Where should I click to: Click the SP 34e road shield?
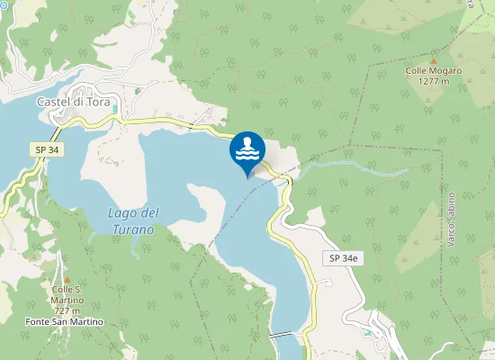point(341,258)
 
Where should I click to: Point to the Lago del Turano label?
point(132,220)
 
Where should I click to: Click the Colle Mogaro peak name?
point(433,70)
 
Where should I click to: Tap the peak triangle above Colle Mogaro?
point(433,59)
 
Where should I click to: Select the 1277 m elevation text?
point(433,81)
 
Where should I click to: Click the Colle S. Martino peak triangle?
point(65,279)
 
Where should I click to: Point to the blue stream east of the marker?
point(360,165)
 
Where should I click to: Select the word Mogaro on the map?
point(445,70)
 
